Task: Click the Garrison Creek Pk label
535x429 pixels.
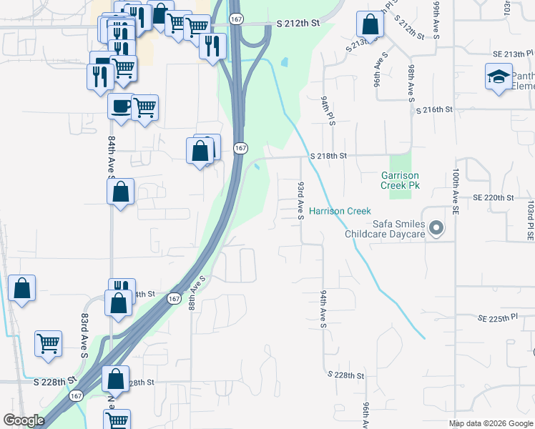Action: [400, 180]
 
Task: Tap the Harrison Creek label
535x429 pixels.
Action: [340, 211]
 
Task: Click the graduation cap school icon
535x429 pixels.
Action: [499, 77]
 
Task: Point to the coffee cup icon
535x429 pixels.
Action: [120, 107]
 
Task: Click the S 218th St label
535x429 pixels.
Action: [328, 155]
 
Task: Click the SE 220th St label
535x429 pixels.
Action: [493, 197]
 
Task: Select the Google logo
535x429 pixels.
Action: [23, 420]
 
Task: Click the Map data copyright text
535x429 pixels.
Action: [490, 423]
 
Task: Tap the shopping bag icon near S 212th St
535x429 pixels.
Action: [369, 24]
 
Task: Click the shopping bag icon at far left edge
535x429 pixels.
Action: [22, 288]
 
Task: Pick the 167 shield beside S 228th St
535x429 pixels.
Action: [76, 395]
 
